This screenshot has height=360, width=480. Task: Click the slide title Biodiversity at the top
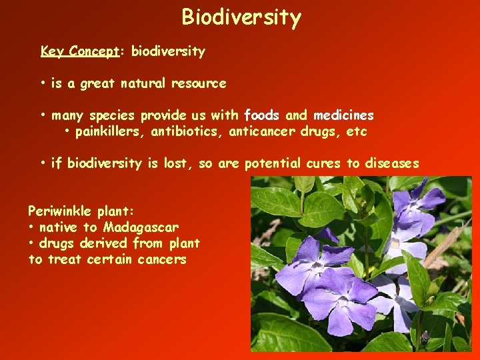coord(241,17)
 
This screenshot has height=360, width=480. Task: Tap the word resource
coord(199,84)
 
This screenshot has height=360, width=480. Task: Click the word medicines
coord(343,115)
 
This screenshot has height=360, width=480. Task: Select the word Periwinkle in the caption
coord(59,211)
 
